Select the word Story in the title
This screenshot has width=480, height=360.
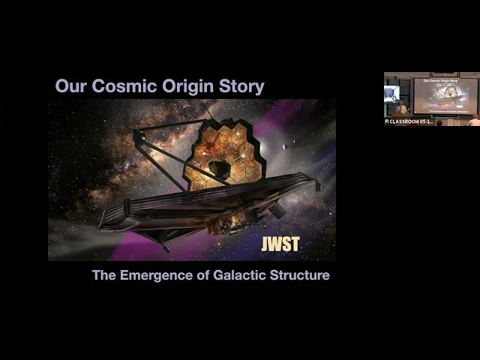(x=241, y=86)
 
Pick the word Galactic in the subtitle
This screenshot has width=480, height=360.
(x=235, y=275)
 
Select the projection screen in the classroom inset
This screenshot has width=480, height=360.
(x=434, y=96)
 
